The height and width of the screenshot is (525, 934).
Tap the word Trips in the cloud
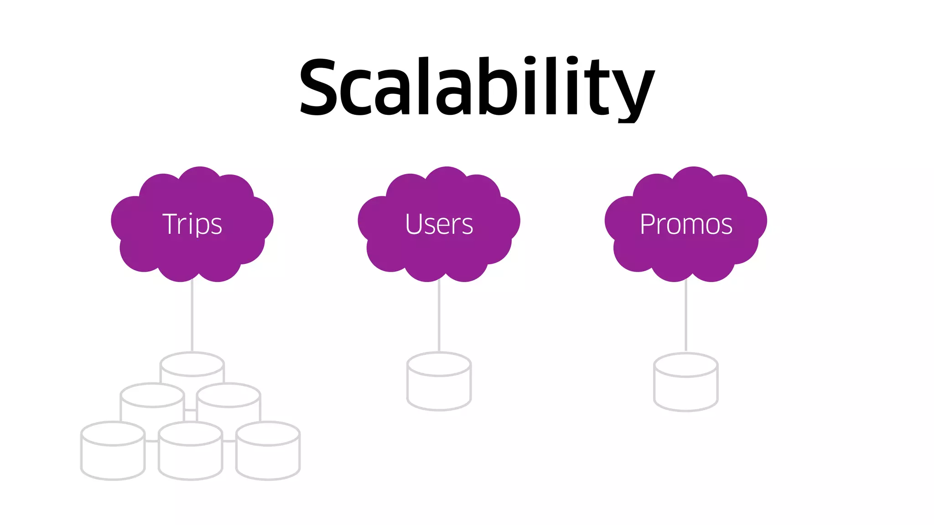pos(192,224)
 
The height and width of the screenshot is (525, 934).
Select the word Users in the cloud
pos(439,224)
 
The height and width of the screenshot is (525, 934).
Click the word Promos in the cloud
pos(686,224)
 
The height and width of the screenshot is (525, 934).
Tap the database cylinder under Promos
pos(686,383)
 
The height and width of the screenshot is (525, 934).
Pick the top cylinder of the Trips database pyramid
pos(192,367)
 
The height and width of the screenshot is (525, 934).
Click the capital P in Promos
pos(648,224)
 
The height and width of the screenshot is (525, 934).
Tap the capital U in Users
pos(415,224)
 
